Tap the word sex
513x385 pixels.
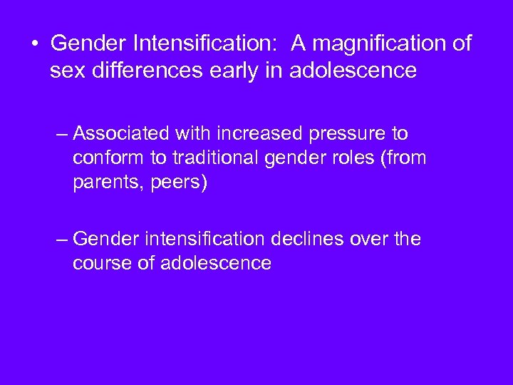click(x=67, y=71)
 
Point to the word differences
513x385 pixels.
click(x=141, y=71)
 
